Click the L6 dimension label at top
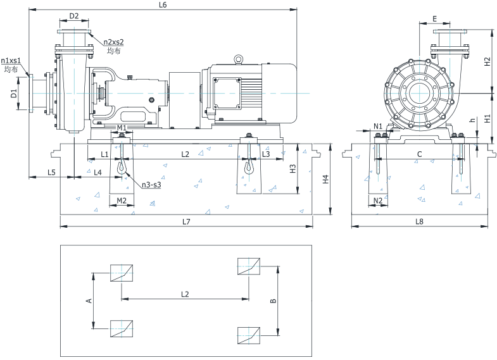coord(163,5)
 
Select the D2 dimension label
coord(74,16)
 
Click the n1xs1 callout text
coord(11,61)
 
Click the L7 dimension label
coord(186,221)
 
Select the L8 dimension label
coord(419,221)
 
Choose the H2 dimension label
coord(487,61)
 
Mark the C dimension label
coord(419,154)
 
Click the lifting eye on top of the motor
coord(239,59)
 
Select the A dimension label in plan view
coord(89,300)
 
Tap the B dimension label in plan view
coord(273,302)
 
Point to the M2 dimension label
coord(122,201)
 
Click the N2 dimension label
coord(378,201)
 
